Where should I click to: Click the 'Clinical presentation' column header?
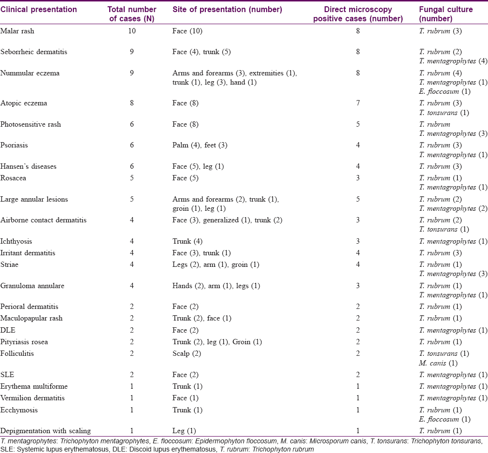click(39, 9)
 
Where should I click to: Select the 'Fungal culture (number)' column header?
click(445, 14)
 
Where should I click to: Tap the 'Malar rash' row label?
click(17, 31)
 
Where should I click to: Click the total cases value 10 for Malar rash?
click(132, 31)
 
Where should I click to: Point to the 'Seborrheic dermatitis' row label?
click(34, 52)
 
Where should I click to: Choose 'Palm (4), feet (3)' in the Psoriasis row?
click(200, 145)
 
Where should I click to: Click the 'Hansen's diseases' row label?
click(29, 166)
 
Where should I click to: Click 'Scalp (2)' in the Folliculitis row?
click(187, 353)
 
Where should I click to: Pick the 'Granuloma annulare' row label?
click(32, 286)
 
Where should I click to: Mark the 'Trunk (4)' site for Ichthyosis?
click(187, 241)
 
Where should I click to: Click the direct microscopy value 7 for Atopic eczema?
click(358, 103)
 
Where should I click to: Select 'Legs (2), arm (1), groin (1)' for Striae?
click(215, 264)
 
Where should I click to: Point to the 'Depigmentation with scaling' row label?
click(45, 431)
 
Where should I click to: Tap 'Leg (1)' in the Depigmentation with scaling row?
click(184, 431)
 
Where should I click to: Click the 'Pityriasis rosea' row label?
click(24, 342)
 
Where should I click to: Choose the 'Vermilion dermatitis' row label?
click(32, 398)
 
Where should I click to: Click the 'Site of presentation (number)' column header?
click(227, 9)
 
